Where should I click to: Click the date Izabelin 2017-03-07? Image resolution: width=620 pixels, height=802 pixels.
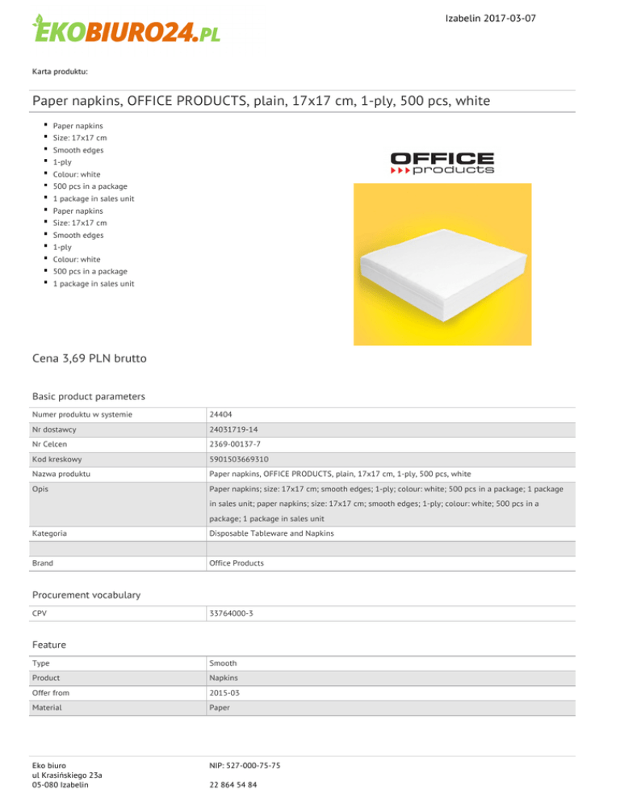490,18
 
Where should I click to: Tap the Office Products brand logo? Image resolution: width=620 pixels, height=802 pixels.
442,163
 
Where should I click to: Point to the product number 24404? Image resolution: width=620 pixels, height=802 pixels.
220,414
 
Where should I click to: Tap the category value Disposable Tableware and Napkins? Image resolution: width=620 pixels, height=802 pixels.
270,533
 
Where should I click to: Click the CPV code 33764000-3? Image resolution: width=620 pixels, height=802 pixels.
231,614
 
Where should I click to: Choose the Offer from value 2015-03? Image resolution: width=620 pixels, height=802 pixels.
224,693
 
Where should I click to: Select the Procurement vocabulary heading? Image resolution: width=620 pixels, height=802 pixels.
86,595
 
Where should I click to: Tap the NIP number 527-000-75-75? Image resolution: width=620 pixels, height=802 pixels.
245,764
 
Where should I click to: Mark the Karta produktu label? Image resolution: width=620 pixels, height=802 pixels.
60,72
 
